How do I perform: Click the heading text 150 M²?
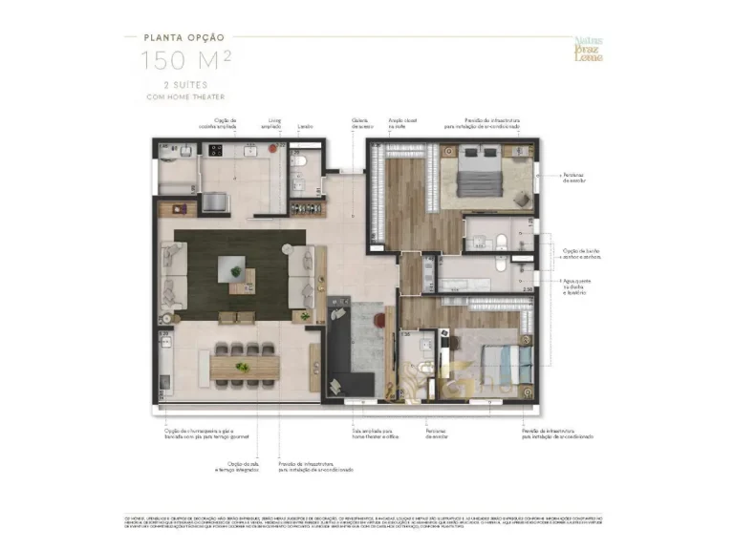tap(185, 61)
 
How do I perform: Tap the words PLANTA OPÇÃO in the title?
tap(185, 38)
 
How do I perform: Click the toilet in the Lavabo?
tap(297, 162)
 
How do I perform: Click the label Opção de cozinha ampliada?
tap(225, 124)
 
